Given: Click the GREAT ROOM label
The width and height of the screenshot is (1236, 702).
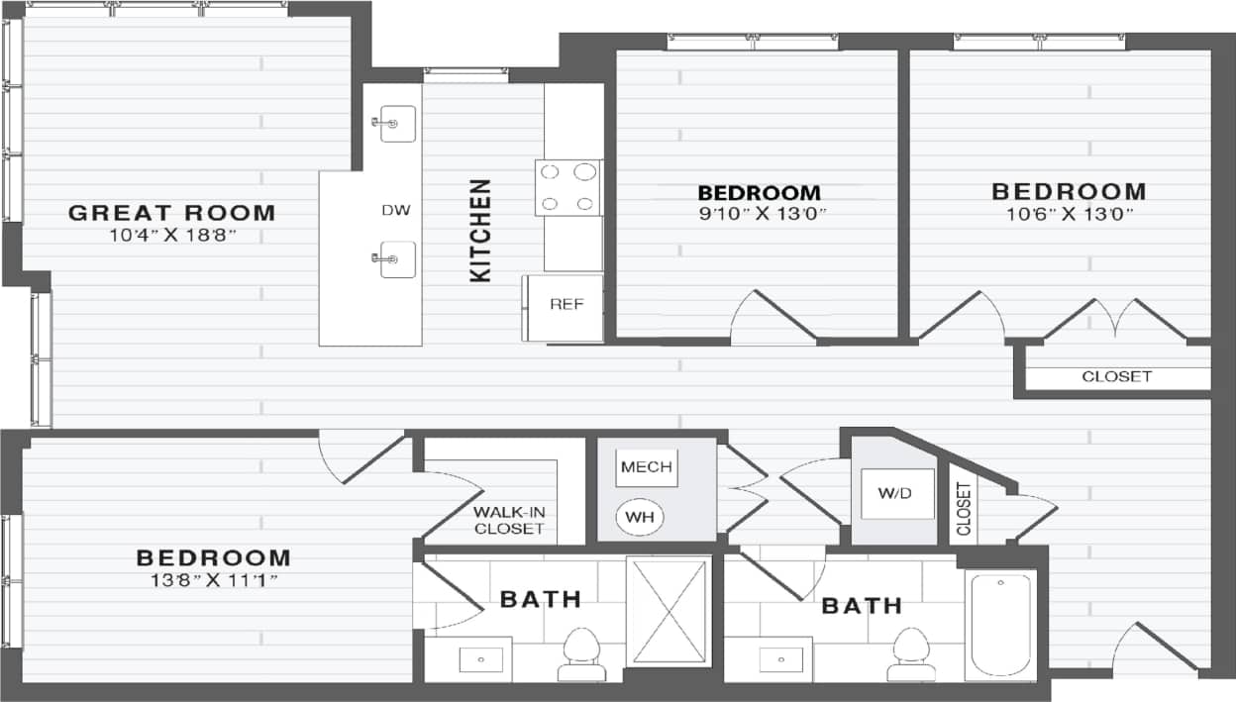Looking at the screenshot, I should (x=171, y=212).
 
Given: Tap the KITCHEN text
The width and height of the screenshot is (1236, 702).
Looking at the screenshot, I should (x=480, y=231).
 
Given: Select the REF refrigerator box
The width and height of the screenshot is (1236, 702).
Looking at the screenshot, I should (x=562, y=305).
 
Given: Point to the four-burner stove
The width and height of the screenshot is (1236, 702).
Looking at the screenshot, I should (x=568, y=187).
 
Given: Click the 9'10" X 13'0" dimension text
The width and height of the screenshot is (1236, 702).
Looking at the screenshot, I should (x=760, y=213).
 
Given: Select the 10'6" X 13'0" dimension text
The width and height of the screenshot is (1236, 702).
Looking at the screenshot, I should (x=1068, y=213).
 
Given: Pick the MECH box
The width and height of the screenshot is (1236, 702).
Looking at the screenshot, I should (x=647, y=467).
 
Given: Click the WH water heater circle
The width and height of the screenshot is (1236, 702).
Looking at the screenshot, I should (x=640, y=516).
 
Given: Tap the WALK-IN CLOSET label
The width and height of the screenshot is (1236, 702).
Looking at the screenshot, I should (x=509, y=520).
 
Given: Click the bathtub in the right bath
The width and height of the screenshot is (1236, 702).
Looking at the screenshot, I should (x=1000, y=624).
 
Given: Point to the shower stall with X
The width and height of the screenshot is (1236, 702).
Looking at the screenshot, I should (x=669, y=612).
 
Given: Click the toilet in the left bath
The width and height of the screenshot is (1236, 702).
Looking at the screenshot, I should (x=581, y=653).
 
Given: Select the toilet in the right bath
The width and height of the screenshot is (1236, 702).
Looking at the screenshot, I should (x=910, y=653).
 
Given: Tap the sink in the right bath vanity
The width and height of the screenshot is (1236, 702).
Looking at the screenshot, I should (x=778, y=657).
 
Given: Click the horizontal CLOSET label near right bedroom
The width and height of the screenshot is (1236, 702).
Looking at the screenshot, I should (x=1116, y=376).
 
